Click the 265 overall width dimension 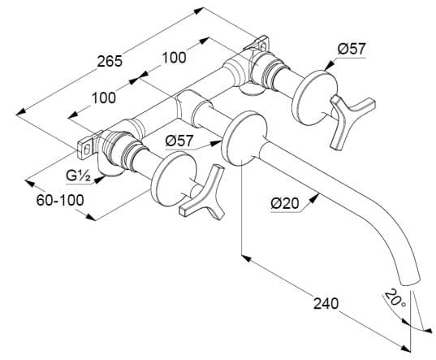(110, 61)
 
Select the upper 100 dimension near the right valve (174, 58)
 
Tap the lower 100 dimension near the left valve (103, 98)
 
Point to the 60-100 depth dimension (60, 200)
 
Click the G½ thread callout (78, 176)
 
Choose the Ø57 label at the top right (351, 50)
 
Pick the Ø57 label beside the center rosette (179, 141)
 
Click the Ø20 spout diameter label (285, 204)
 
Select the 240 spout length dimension (326, 303)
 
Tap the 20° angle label (395, 299)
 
